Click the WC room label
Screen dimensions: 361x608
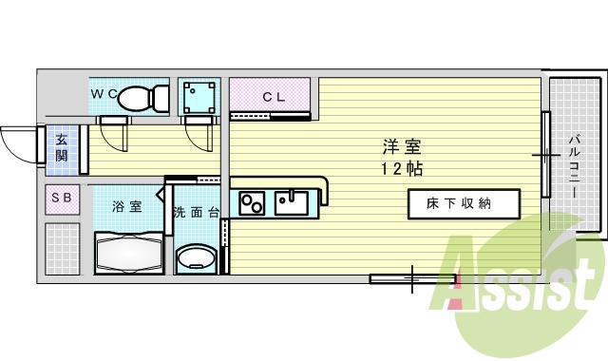pos(104,94)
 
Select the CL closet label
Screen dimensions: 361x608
pos(274,96)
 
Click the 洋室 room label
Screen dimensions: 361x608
pos(402,147)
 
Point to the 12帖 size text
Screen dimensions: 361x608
pos(402,168)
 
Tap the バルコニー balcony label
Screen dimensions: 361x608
pos(575,166)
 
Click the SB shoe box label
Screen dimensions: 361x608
pos(61,198)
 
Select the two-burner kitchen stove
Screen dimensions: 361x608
pos(252,203)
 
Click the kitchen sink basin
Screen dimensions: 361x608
pos(289,202)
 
